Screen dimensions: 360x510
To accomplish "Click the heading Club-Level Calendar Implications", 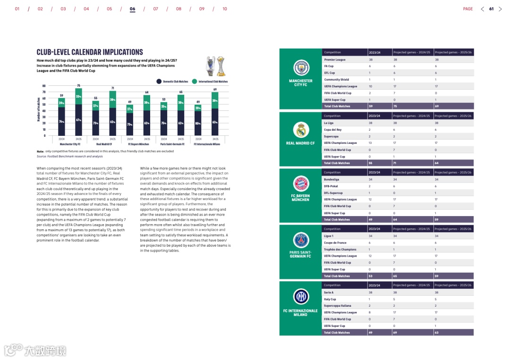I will [90, 52].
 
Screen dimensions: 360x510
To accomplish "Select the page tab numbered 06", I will [132, 9].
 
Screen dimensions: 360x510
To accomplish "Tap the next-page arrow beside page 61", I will [501, 9].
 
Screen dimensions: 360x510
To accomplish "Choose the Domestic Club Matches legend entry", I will [172, 82].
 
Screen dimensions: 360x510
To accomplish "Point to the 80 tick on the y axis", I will [44, 86].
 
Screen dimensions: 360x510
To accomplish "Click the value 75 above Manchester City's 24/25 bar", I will [78, 85].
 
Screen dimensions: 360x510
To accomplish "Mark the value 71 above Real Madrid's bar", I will [112, 88].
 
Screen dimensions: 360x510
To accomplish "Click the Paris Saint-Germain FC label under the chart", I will [172, 144].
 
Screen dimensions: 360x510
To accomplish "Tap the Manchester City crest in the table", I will [300, 68].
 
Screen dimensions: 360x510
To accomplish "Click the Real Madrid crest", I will [300, 130].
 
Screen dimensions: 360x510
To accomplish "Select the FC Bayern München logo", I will [300, 183].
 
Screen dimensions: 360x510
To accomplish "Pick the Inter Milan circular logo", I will [300, 296].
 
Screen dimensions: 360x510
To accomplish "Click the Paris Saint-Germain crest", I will [300, 240].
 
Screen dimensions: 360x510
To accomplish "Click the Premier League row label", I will [335, 60].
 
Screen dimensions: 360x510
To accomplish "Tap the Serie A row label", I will [329, 293].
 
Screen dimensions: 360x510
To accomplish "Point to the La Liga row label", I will [329, 123].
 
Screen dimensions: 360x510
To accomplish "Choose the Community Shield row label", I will [337, 80].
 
